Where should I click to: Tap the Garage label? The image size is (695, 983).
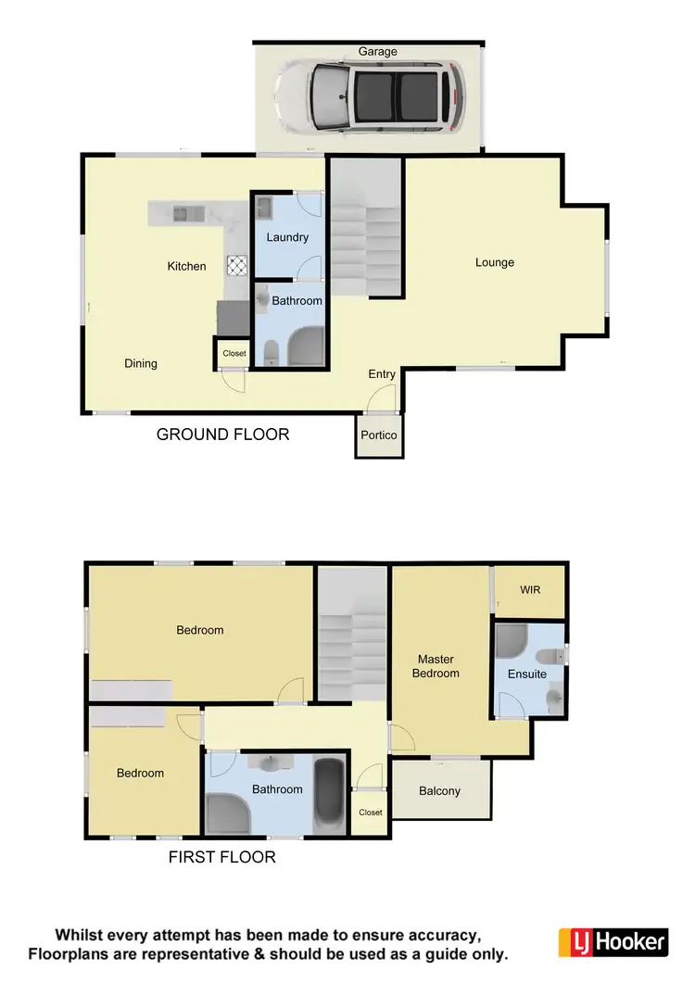point(378,52)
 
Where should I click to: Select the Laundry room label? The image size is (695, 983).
point(287,237)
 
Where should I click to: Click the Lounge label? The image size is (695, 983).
point(495,262)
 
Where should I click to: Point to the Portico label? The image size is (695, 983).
point(379,435)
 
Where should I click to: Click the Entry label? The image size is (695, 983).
point(382,374)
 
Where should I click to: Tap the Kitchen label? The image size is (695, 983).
point(186,266)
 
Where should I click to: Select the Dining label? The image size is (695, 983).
point(141,363)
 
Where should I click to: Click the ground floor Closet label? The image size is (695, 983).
point(234,353)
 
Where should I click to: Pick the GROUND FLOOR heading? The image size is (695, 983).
point(222,434)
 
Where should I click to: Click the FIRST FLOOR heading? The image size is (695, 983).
point(221,857)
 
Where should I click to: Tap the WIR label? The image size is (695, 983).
point(530,590)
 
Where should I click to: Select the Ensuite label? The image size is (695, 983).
point(527,674)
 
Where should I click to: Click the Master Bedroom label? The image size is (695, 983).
point(436,666)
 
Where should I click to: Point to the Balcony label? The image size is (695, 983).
point(439,791)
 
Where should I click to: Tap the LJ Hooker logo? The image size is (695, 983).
point(613,942)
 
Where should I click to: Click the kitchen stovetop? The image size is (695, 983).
point(236,266)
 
